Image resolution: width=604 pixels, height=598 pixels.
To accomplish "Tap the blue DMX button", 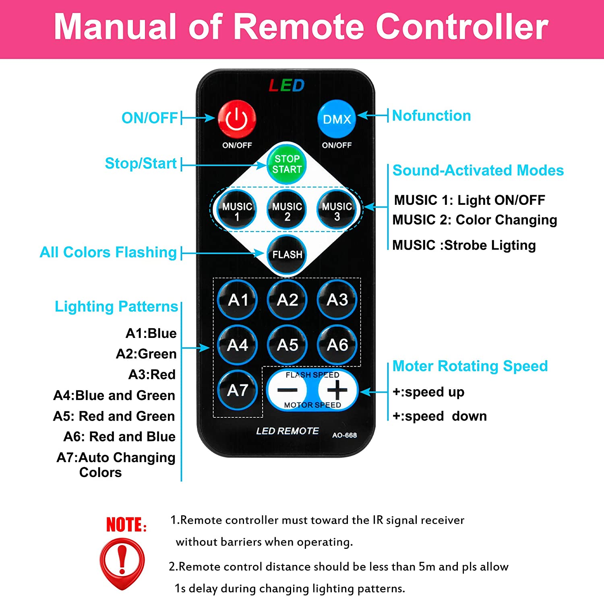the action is tap(337, 119).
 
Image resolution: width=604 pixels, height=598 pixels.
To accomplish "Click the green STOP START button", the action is tap(287, 164).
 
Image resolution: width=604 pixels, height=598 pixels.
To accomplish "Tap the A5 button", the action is tap(288, 345).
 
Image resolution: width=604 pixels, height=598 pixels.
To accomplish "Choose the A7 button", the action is tap(238, 390).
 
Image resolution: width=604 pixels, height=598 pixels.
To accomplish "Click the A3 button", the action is tap(337, 300).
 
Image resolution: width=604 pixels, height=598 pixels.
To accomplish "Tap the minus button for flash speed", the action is tap(287, 390).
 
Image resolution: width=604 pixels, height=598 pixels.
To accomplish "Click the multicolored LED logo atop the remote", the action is tap(287, 85).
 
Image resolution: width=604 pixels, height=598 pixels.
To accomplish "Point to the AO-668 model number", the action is tap(344, 435).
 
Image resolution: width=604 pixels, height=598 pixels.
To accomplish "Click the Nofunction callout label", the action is tap(431, 116).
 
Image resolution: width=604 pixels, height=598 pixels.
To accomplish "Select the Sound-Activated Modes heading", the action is tap(478, 170).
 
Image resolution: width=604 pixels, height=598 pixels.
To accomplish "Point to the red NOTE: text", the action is tap(126, 525).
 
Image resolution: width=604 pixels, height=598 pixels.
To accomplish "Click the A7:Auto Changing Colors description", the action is tap(116, 465).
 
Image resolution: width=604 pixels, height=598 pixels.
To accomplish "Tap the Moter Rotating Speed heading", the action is tap(470, 366).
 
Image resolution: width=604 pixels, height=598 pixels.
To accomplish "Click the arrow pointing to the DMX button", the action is tap(372, 115).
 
